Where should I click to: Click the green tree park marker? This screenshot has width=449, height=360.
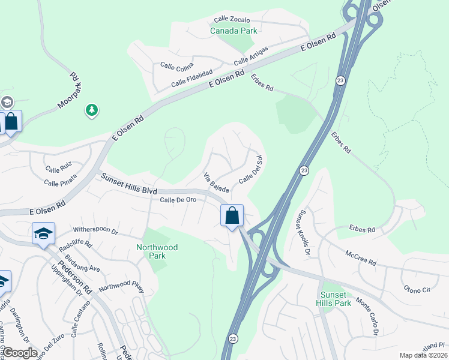91,110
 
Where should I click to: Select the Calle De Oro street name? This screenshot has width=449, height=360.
178,199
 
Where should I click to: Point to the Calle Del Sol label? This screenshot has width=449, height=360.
252,170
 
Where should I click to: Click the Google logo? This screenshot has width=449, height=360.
20,353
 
